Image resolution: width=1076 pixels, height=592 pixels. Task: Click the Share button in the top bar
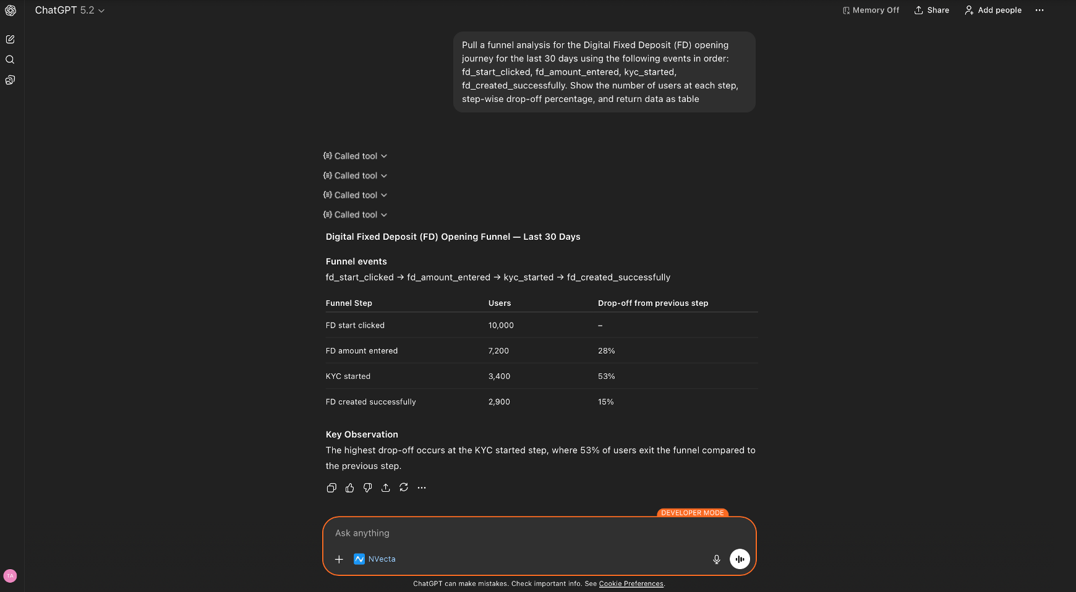click(x=931, y=10)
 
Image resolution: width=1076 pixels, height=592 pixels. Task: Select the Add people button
click(x=993, y=10)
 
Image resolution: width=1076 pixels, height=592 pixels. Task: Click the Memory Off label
click(x=871, y=10)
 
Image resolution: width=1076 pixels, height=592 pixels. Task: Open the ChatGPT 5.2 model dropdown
click(x=69, y=10)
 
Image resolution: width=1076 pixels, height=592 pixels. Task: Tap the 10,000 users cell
click(x=501, y=325)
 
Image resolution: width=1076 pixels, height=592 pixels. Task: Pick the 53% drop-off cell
click(x=606, y=376)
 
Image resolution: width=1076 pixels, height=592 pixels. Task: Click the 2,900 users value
click(x=499, y=402)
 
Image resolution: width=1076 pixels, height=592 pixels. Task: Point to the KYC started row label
click(x=348, y=376)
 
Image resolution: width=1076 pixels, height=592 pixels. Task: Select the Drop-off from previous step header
click(x=652, y=303)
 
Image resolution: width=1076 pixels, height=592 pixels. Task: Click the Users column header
click(x=500, y=303)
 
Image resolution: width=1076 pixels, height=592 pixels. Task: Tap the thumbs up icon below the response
click(x=349, y=488)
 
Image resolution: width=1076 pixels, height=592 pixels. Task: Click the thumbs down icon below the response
click(x=367, y=488)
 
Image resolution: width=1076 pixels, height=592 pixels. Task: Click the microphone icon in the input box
click(x=716, y=559)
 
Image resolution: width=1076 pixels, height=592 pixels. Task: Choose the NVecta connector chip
click(x=375, y=559)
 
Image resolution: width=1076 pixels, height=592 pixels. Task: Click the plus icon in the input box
click(x=339, y=559)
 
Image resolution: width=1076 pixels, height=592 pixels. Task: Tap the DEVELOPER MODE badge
click(x=692, y=513)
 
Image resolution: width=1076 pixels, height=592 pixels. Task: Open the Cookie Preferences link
click(x=631, y=583)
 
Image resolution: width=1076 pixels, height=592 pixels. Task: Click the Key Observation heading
click(x=362, y=434)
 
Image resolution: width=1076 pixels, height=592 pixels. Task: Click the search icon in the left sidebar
click(x=10, y=59)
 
